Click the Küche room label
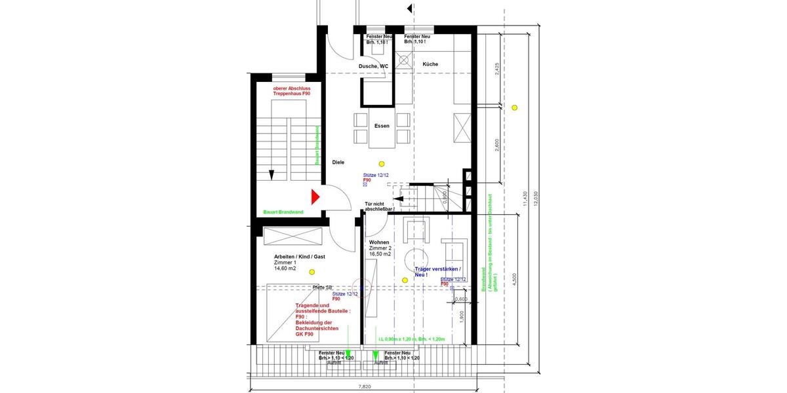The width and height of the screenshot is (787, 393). (x=430, y=64)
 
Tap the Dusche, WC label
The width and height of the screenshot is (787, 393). (x=374, y=66)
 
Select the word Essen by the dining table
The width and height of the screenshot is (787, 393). (x=382, y=126)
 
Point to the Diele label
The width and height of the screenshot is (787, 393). (x=338, y=162)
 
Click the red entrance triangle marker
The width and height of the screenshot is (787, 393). (x=315, y=196)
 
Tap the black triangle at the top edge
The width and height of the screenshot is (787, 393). (x=410, y=9)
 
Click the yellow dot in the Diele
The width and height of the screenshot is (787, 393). (x=382, y=163)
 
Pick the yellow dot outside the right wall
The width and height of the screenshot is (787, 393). (x=515, y=107)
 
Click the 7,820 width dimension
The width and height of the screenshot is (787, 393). (x=365, y=387)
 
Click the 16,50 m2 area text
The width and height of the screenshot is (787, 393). (x=380, y=254)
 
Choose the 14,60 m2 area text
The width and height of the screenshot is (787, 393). (x=286, y=268)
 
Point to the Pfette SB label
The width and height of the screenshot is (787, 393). (x=323, y=287)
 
